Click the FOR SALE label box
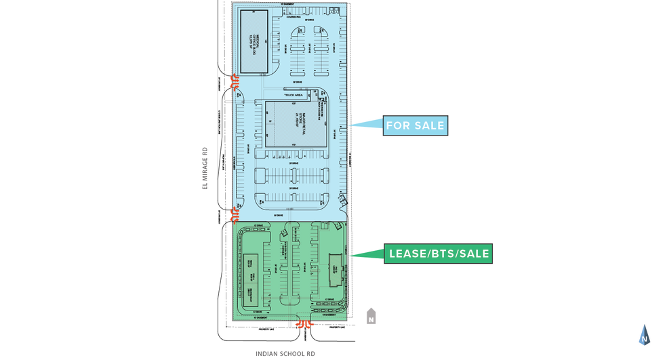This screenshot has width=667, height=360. [x=416, y=125]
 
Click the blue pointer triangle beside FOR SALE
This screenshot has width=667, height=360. [x=366, y=124]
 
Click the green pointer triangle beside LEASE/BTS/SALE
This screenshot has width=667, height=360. [x=367, y=255]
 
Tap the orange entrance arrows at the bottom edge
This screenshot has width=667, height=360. [x=303, y=325]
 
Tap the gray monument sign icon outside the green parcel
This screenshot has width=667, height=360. [x=370, y=315]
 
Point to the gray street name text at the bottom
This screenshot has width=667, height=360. [x=285, y=353]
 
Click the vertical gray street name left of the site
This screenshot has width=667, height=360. [x=204, y=168]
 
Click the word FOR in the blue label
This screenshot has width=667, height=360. [x=397, y=125]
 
